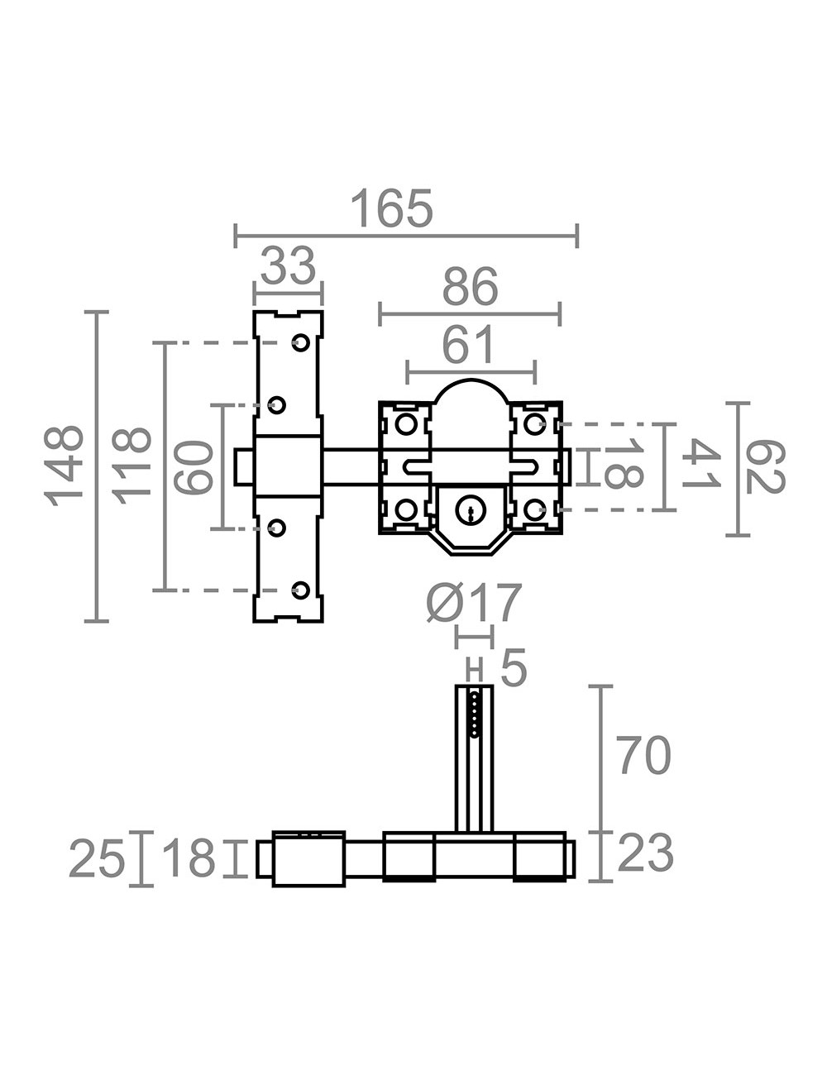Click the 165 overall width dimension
tap(392, 208)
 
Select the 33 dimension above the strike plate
tap(288, 265)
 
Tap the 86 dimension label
tap(470, 286)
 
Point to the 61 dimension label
tap(468, 343)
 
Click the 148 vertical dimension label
tap(63, 466)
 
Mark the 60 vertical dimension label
tap(195, 467)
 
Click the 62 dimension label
tap(765, 467)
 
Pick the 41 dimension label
tap(700, 465)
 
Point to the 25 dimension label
tap(97, 858)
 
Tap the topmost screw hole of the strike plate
tap(300, 342)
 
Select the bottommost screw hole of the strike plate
tap(300, 590)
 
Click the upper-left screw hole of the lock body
tap(406, 424)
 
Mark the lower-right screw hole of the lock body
tap(535, 509)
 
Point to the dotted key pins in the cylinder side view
tap(474, 714)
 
